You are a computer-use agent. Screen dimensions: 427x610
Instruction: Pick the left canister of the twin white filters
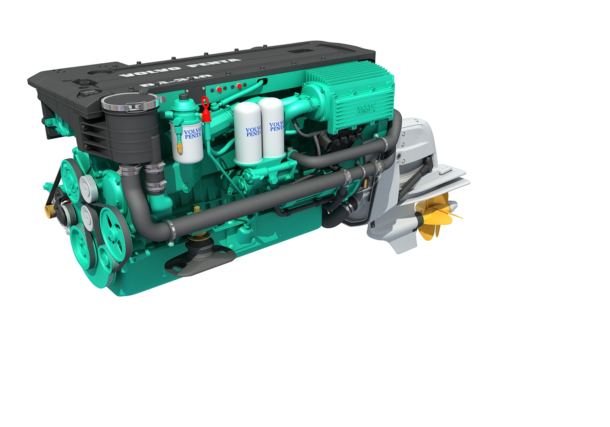[248, 132]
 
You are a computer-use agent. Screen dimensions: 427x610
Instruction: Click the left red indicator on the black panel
[219, 90]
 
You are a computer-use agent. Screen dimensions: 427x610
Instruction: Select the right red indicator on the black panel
[239, 86]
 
